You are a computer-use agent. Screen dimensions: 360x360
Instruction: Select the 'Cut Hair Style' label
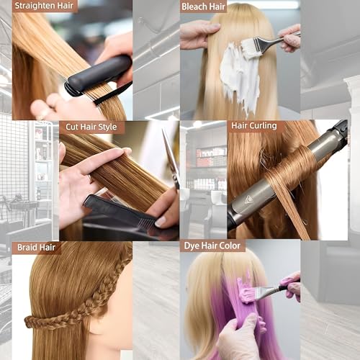[92, 127]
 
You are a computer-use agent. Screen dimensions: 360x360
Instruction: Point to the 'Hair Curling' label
[254, 126]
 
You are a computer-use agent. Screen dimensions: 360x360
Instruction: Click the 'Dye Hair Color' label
[214, 246]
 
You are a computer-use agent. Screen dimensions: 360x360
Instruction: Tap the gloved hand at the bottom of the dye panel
[241, 338]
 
